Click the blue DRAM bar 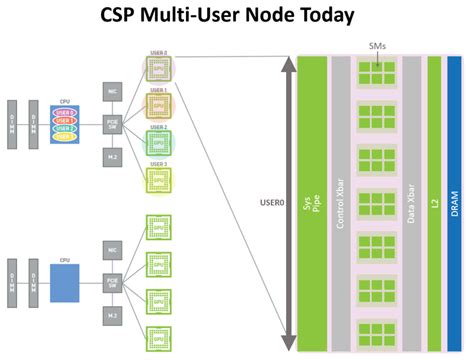tap(454, 200)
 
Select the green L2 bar tap(434, 200)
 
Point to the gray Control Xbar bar tap(340, 200)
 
